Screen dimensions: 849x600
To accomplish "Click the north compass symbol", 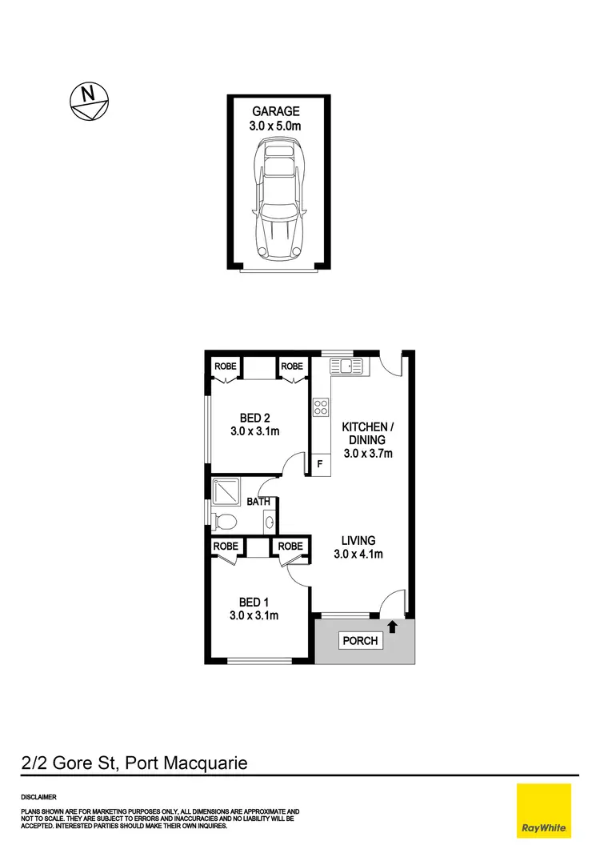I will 88,101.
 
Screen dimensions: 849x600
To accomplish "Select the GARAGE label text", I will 276,111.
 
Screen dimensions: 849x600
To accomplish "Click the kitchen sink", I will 346,366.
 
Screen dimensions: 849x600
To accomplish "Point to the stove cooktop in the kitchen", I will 321,406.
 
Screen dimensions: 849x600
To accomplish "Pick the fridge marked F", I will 320,463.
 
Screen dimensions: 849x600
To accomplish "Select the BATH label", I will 258,503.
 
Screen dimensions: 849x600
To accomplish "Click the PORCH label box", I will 360,641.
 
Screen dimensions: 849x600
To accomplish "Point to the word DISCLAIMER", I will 39,797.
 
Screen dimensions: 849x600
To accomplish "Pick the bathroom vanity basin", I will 270,522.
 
